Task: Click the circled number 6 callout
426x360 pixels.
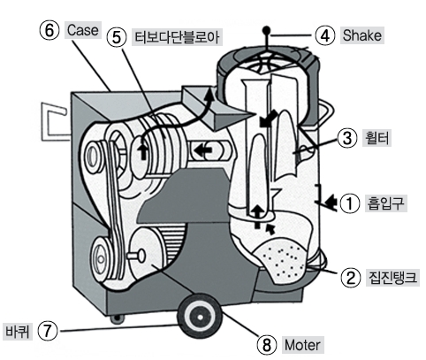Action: coord(49,30)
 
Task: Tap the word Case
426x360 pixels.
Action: coord(82,30)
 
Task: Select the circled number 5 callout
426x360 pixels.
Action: coord(117,37)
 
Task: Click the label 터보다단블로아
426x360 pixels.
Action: coord(177,37)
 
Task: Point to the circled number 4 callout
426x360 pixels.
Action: coord(325,35)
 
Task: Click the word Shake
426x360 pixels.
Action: coord(362,35)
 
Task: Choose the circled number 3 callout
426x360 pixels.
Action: coord(347,138)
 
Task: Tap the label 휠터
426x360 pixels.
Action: coord(377,138)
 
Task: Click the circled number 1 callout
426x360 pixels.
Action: coord(350,203)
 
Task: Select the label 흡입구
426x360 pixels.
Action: coord(386,203)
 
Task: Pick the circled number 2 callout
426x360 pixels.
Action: coord(351,278)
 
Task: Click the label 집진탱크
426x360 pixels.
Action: coord(392,278)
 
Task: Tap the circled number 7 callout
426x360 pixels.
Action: coord(47,331)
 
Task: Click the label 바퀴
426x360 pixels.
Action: coord(18,331)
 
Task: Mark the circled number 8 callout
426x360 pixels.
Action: coord(267,345)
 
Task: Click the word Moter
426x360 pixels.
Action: coord(302,345)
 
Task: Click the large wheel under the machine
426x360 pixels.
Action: coord(200,317)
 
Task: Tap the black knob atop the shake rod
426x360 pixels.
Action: coord(266,30)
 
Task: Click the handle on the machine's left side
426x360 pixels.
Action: coord(55,122)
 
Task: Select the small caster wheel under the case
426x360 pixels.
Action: coord(118,318)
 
